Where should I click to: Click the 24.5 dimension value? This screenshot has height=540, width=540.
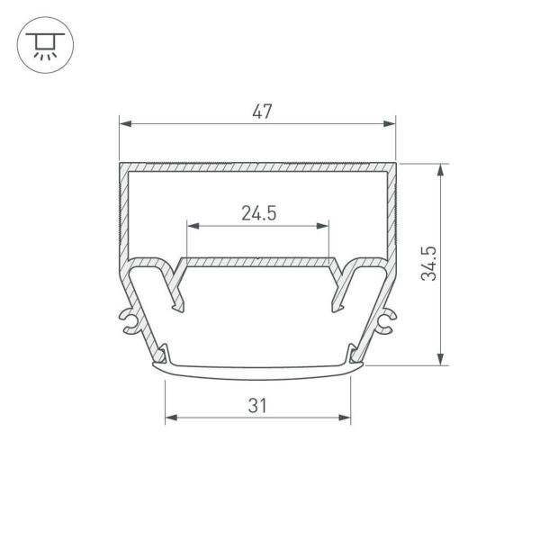258,213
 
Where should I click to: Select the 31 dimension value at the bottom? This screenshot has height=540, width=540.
258,406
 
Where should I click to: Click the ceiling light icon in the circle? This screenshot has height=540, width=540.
42,43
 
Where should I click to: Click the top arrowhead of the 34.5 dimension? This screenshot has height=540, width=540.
441,168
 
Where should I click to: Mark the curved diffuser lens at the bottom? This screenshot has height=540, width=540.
258,369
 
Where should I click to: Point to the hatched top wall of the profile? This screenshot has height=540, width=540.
258,167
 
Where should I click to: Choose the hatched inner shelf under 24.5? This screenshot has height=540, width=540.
258,262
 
